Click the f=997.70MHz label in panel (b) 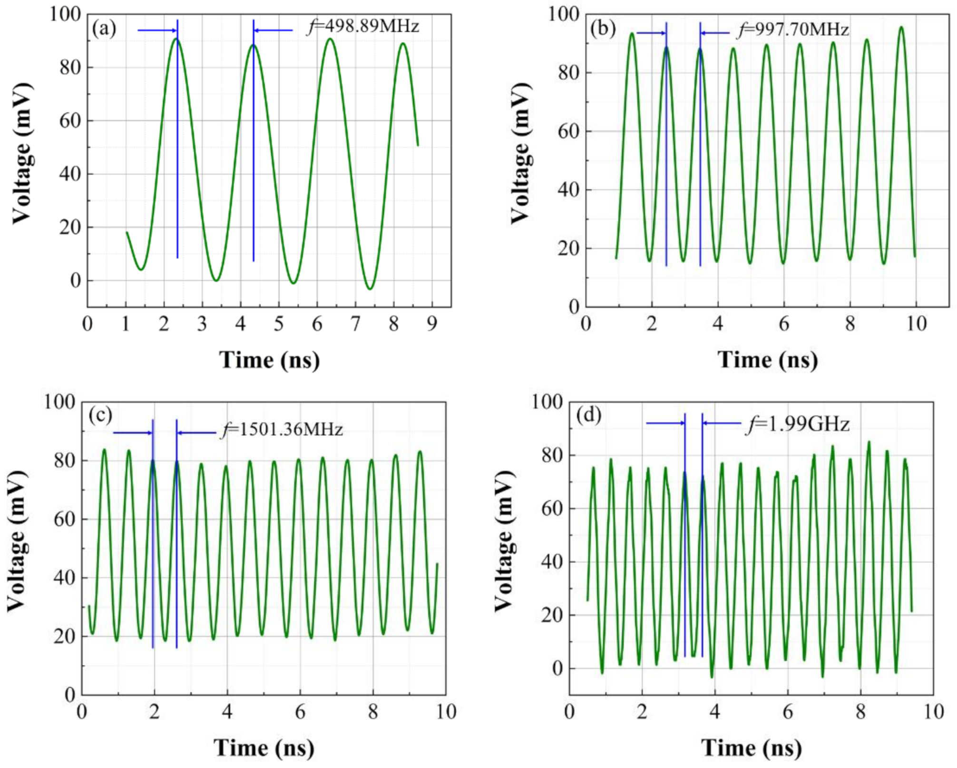[x=793, y=30]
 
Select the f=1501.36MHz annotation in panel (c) [x=282, y=429]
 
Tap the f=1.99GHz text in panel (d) [x=798, y=424]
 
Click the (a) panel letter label [x=104, y=29]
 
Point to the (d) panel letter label [x=588, y=415]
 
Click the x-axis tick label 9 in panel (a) [x=432, y=324]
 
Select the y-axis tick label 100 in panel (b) [x=564, y=14]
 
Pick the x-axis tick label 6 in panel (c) [x=300, y=712]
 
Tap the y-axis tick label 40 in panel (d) [x=552, y=562]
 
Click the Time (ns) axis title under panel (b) [x=767, y=360]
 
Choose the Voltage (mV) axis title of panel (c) [x=17, y=541]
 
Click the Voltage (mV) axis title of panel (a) [x=22, y=153]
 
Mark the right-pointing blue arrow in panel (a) [x=157, y=30]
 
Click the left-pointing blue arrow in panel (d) [x=722, y=423]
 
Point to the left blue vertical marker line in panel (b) [x=666, y=143]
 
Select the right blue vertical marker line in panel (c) [x=176, y=533]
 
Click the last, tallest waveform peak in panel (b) [x=901, y=28]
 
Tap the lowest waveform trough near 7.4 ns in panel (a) [x=370, y=289]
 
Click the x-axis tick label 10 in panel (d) [x=933, y=712]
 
